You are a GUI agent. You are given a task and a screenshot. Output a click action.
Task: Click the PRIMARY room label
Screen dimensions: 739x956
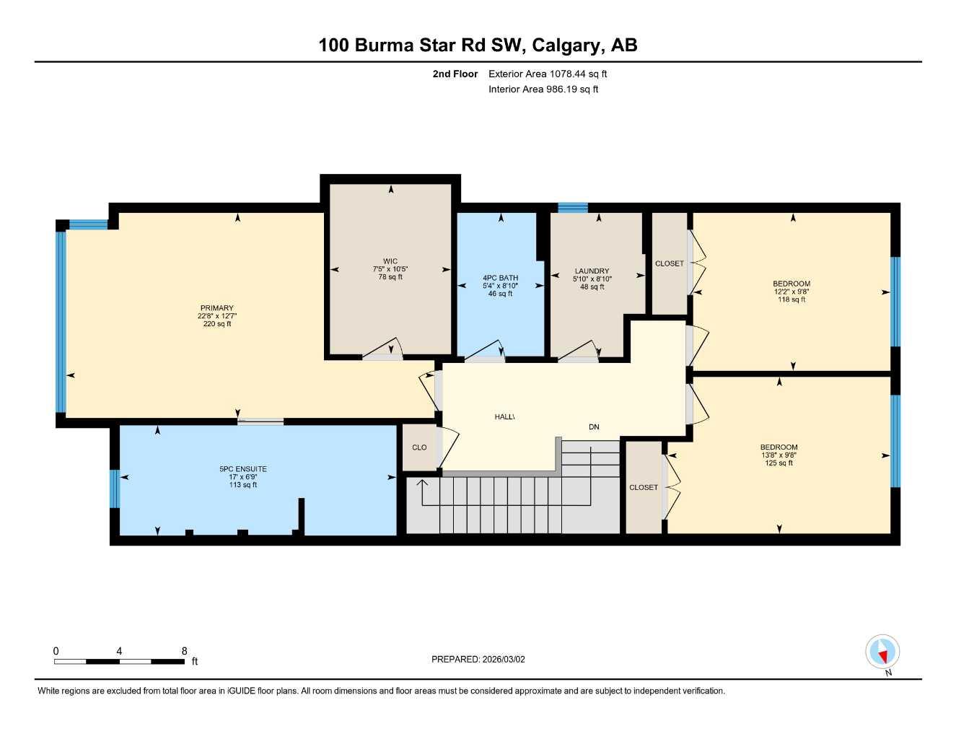[x=216, y=308]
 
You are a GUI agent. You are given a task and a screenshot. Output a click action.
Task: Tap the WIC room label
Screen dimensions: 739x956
[x=390, y=261]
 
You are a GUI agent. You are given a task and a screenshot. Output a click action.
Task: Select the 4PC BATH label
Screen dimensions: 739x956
[x=500, y=278]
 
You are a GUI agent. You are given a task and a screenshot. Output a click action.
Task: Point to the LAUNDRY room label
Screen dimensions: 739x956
[x=592, y=271]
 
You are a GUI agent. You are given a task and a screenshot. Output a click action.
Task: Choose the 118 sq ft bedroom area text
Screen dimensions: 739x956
[x=791, y=299]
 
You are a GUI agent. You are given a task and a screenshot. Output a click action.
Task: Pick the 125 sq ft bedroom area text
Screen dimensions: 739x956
[x=779, y=463]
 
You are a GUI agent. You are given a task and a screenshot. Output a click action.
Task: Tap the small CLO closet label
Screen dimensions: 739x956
[x=419, y=447]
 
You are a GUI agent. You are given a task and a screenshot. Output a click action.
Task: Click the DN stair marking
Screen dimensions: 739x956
[x=594, y=427]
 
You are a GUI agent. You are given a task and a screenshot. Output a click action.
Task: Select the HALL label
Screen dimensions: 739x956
[x=504, y=417]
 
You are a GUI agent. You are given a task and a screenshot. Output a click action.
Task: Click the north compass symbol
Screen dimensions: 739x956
[x=882, y=652]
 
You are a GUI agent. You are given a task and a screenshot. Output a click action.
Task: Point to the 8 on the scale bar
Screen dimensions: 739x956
[x=185, y=651]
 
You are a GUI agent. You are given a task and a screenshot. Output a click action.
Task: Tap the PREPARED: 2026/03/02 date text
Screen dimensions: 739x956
[x=478, y=659]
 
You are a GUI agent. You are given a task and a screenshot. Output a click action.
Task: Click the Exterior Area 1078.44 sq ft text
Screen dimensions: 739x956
[x=548, y=74]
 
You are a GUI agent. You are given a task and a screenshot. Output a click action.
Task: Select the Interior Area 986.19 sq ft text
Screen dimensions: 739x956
[x=543, y=89]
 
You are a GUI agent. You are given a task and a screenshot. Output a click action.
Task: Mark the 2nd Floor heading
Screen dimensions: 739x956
[x=455, y=74]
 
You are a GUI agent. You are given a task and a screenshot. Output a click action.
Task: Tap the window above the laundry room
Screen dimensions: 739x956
[x=573, y=208]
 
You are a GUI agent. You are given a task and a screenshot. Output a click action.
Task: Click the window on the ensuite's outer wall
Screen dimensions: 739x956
[x=114, y=489]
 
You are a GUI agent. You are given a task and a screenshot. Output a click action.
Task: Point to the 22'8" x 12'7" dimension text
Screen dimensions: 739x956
[x=217, y=316]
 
